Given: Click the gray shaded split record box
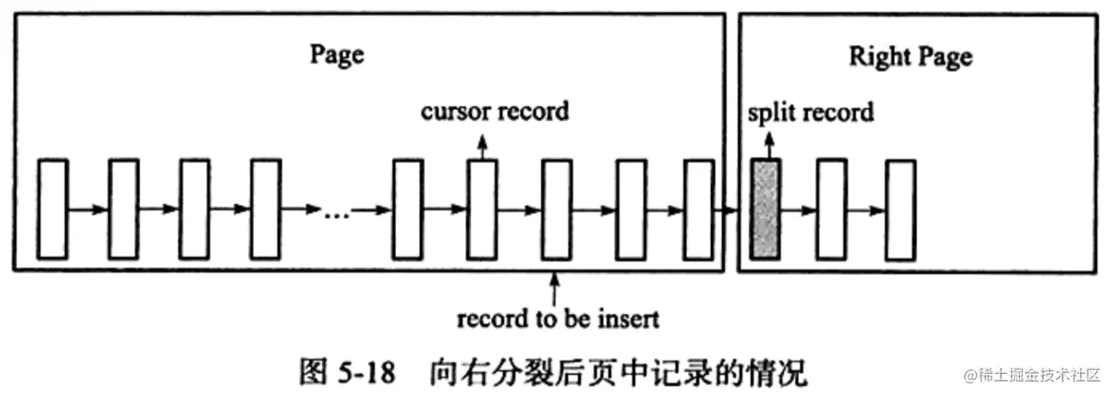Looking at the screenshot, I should (x=764, y=209).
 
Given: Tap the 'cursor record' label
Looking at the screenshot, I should (x=495, y=111).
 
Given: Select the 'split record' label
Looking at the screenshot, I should (x=809, y=112).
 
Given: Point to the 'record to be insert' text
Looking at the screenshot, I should (x=558, y=319).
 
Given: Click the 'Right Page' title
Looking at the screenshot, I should (x=910, y=57).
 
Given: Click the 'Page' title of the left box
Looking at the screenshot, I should (x=336, y=55).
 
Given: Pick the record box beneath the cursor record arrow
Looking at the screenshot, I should (x=482, y=209).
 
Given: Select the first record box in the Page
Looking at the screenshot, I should (x=52, y=209).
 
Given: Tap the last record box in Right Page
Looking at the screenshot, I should (x=900, y=209).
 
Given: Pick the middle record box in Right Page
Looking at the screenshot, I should (x=831, y=209).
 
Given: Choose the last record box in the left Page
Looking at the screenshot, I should (x=698, y=209).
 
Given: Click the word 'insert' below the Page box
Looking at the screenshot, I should (x=629, y=319).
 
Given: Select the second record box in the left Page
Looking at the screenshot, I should (x=123, y=209).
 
